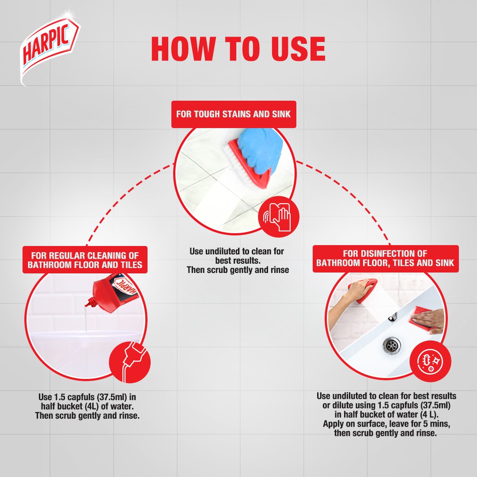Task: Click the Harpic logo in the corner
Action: point(49,48)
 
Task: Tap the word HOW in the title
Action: point(182,48)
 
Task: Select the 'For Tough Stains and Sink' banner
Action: point(234,114)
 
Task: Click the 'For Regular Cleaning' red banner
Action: point(85,260)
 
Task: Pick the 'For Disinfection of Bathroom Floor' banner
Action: point(385,259)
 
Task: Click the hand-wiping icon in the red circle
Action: point(279,217)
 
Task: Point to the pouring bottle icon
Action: point(130,362)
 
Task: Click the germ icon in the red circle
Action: point(430,361)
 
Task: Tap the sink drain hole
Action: point(392,345)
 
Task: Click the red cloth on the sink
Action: point(421,318)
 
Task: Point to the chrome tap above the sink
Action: point(394,316)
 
